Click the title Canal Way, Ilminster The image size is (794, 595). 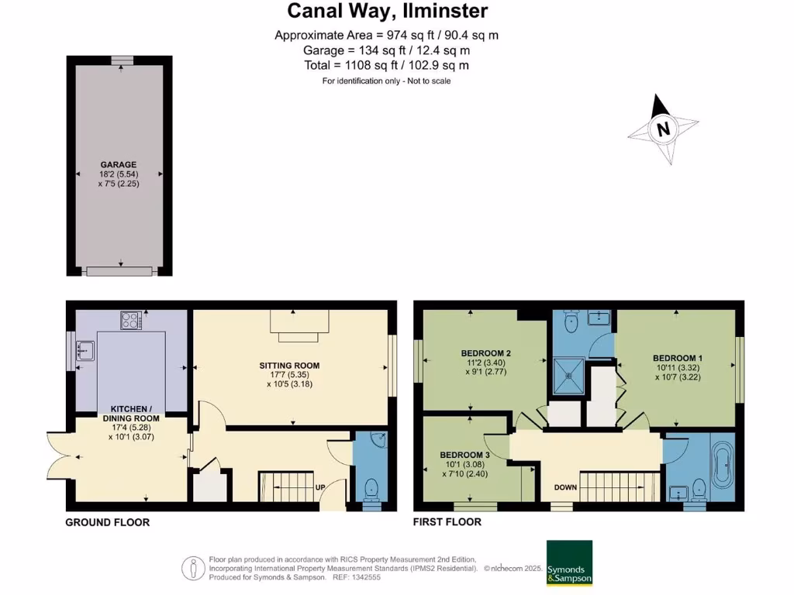pyautogui.click(x=387, y=11)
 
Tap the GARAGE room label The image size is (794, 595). pyautogui.click(x=118, y=164)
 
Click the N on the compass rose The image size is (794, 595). pyautogui.click(x=662, y=129)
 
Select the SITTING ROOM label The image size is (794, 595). pyautogui.click(x=290, y=365)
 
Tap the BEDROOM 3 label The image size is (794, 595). pyautogui.click(x=464, y=454)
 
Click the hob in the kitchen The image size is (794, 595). pyautogui.click(x=129, y=319)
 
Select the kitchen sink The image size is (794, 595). pyautogui.click(x=84, y=351)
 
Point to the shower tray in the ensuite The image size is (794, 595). pyautogui.click(x=570, y=374)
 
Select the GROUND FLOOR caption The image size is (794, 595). pyautogui.click(x=107, y=522)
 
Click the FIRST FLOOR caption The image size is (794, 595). pyautogui.click(x=447, y=522)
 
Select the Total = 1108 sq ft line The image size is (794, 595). pyautogui.click(x=386, y=66)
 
